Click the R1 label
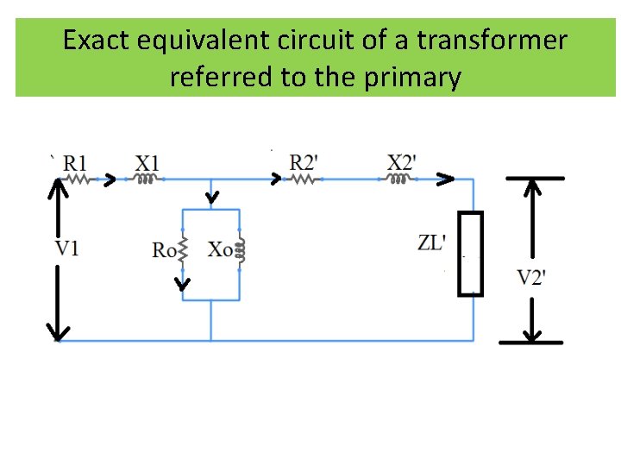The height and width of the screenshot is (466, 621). point(75,162)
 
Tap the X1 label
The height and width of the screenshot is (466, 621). point(147,162)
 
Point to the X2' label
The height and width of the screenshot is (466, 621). point(402,162)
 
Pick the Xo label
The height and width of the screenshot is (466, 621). point(220,249)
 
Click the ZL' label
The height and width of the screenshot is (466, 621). point(432,242)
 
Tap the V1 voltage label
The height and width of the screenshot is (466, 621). point(67,249)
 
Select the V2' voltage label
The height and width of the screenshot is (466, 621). point(531,277)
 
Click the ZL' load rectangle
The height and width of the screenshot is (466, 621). point(471,254)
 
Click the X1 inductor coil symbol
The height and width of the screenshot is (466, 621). point(146,180)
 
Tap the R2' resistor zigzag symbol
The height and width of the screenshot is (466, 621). point(304,180)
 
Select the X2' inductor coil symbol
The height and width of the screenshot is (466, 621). point(399,179)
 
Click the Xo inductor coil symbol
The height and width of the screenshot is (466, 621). point(241,250)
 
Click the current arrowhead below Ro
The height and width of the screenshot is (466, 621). point(182,283)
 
